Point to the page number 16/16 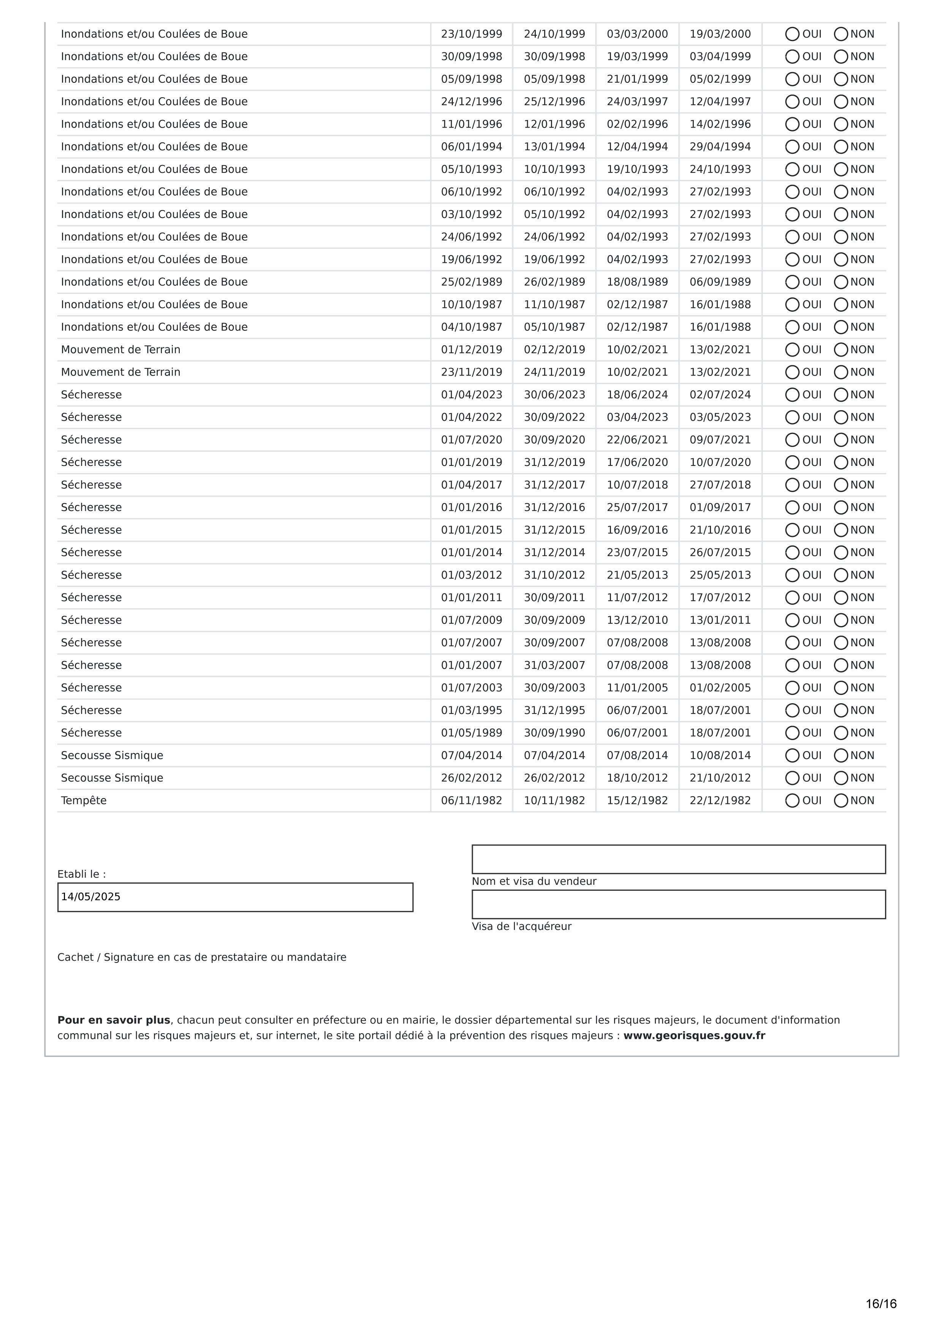(x=880, y=1304)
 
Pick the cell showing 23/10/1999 (x=471, y=34)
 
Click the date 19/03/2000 (x=720, y=34)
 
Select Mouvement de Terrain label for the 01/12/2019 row (x=121, y=350)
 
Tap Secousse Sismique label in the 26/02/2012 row (x=112, y=778)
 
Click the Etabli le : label (x=81, y=874)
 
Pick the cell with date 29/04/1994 (x=720, y=147)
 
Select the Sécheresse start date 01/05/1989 (x=471, y=733)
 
